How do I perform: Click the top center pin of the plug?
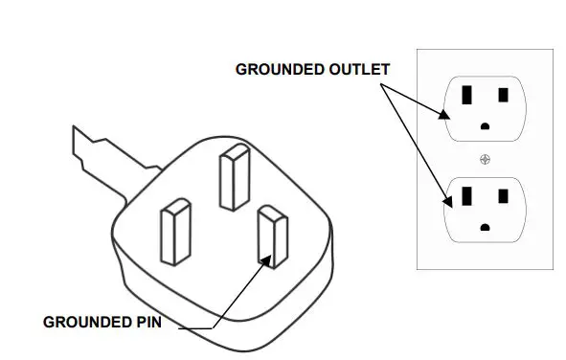234,178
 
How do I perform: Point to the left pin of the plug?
178,231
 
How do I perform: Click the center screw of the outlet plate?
486,158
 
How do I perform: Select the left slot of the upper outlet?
467,96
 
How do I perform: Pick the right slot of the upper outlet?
505,97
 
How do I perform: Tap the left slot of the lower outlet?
467,194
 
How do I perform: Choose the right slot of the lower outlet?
505,195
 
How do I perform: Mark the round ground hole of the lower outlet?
487,226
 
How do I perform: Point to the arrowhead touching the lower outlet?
446,201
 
